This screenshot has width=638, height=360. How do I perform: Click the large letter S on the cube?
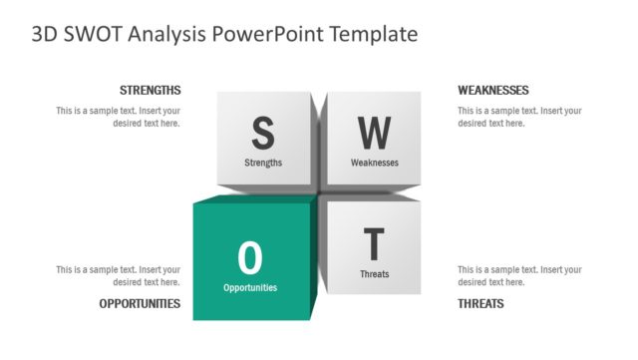click(262, 132)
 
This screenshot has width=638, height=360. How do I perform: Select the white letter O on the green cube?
click(250, 258)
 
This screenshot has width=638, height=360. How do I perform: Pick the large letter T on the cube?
click(374, 244)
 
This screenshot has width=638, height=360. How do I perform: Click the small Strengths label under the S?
click(263, 163)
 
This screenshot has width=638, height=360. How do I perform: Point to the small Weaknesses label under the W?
click(375, 163)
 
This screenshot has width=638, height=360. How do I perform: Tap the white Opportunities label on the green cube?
click(250, 288)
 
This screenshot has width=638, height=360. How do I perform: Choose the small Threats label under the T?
click(374, 274)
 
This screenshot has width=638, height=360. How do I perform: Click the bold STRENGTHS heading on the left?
click(150, 90)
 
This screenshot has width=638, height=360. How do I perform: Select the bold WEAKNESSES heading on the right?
click(493, 90)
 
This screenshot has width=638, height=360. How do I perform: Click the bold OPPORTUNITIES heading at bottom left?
click(140, 303)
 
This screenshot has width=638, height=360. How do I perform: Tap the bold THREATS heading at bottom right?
click(480, 303)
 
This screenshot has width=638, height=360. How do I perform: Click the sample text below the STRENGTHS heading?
click(119, 117)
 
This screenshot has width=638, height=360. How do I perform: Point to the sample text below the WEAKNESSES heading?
click(519, 117)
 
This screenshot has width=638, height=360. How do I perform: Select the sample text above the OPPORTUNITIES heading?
click(119, 275)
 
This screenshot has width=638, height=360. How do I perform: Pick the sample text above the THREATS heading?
click(519, 275)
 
